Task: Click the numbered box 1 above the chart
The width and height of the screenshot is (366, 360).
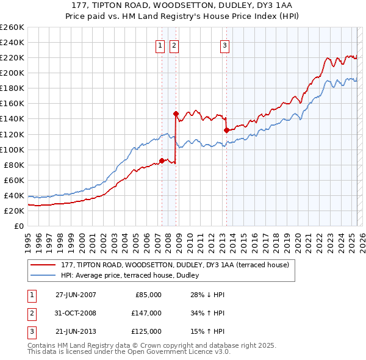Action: pyautogui.click(x=160, y=45)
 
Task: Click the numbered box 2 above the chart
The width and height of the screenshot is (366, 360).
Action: pyautogui.click(x=174, y=45)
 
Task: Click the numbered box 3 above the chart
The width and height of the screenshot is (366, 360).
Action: pyautogui.click(x=224, y=45)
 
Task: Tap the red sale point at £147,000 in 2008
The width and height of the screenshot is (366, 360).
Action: pyautogui.click(x=176, y=113)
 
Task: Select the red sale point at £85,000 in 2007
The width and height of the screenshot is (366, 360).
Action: pyautogui.click(x=162, y=160)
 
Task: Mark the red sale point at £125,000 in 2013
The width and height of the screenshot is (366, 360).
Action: pyautogui.click(x=226, y=130)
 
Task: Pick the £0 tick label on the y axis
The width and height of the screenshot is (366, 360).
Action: pyautogui.click(x=19, y=226)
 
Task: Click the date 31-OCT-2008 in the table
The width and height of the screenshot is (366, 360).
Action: pyautogui.click(x=76, y=312)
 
